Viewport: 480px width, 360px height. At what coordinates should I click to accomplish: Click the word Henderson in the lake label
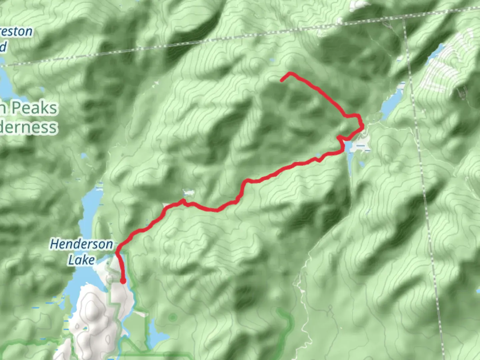click(81, 244)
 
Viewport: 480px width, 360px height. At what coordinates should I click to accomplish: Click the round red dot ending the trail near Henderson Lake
click(123, 281)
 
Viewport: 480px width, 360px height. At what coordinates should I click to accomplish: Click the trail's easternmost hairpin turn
click(362, 125)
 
